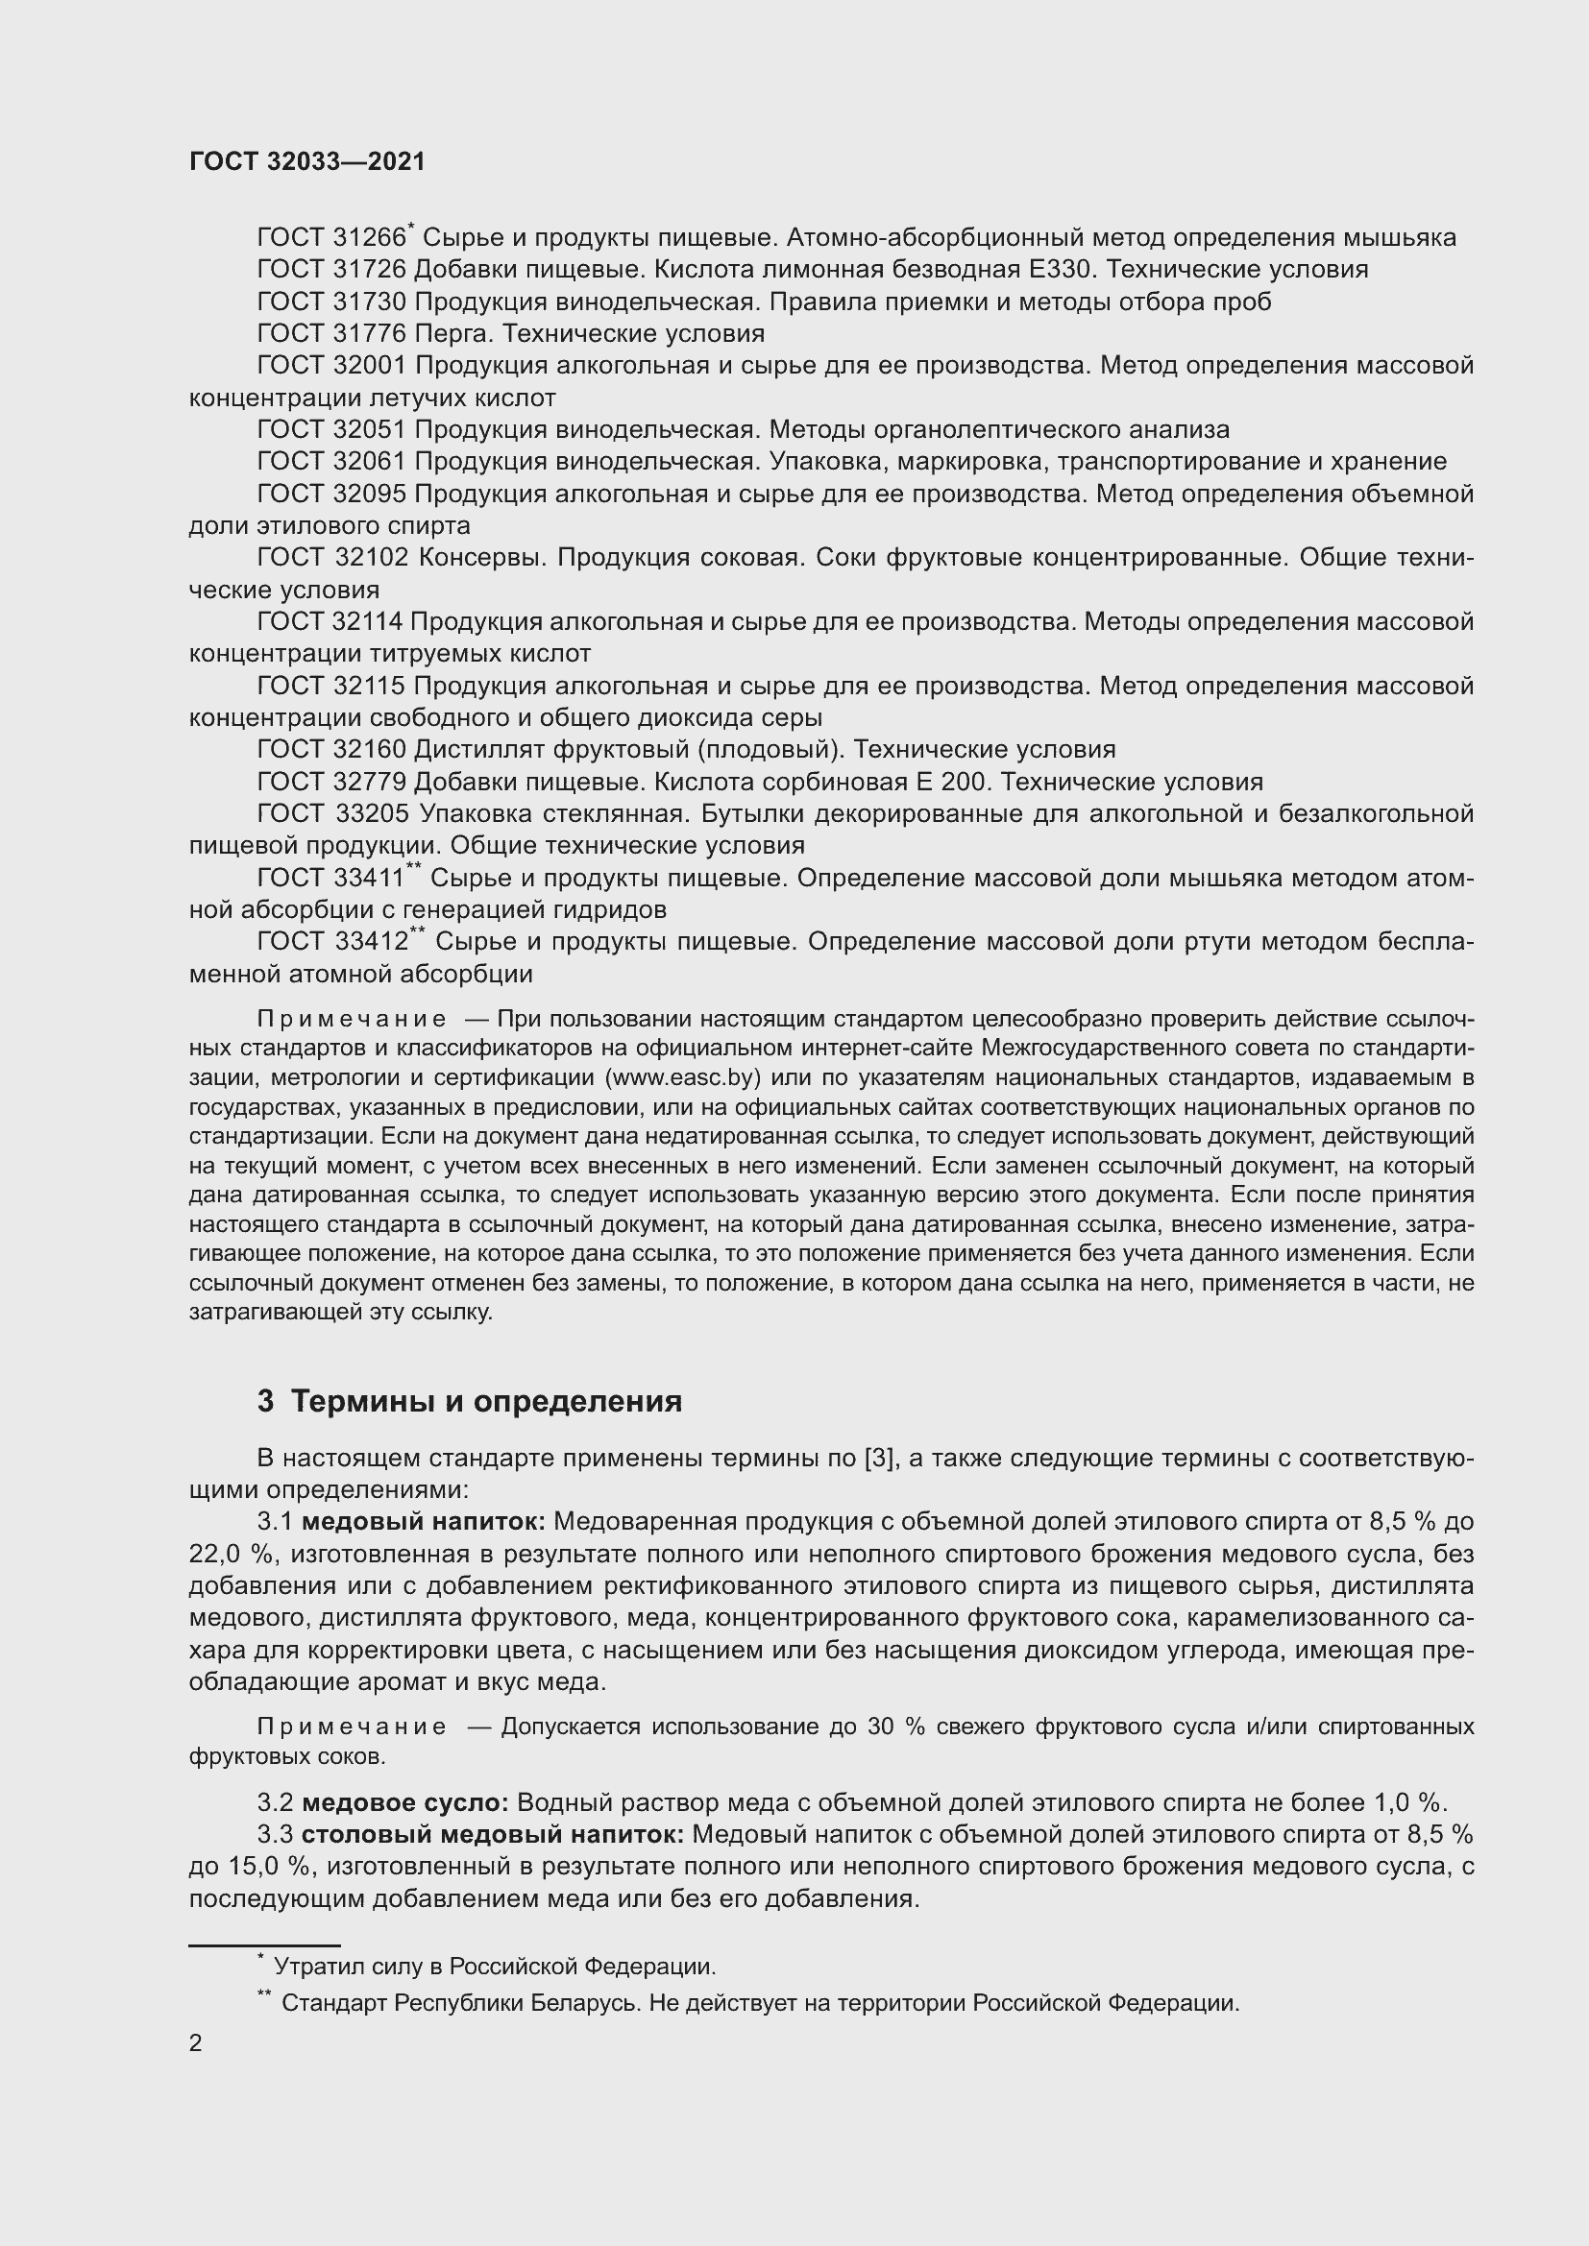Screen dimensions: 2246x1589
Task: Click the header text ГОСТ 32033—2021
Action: tap(307, 161)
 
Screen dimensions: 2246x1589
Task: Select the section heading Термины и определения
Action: tap(486, 1401)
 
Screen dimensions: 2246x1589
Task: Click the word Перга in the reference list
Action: tap(455, 333)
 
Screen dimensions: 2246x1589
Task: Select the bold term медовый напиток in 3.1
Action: tap(423, 1521)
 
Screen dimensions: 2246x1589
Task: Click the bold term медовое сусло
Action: tap(404, 1801)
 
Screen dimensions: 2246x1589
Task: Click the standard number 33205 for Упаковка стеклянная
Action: tap(372, 814)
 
